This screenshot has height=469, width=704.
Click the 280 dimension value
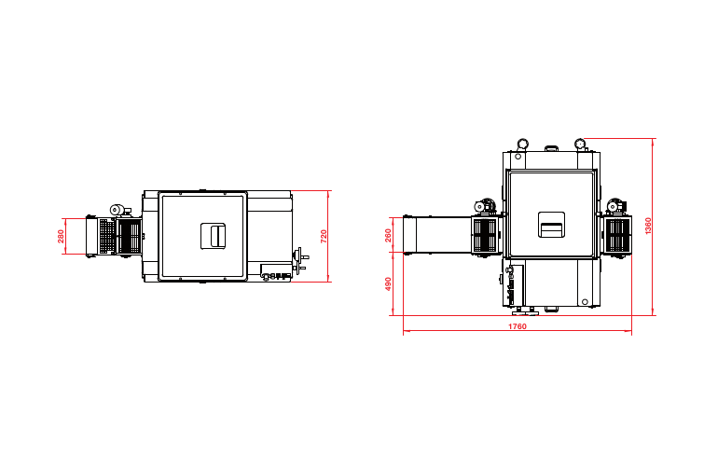61,236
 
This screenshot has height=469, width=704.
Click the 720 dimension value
324,237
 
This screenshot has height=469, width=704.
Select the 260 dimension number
389,235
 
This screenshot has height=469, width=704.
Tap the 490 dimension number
389,283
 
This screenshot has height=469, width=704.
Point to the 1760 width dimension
518,326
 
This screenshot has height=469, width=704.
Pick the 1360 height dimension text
648,226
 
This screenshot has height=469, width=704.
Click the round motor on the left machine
117,210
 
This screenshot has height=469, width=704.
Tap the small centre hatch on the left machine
213,236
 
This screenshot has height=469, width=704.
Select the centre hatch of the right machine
551,225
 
